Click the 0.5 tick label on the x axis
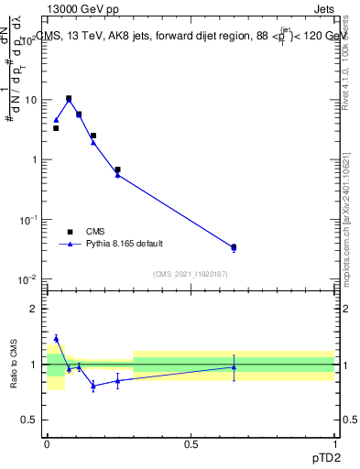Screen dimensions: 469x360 (191, 443)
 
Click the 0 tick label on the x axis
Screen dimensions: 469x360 (47, 443)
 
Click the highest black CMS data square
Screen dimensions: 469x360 (69, 98)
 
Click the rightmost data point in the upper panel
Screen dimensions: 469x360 (234, 247)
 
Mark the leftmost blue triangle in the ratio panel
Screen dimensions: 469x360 (56, 338)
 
